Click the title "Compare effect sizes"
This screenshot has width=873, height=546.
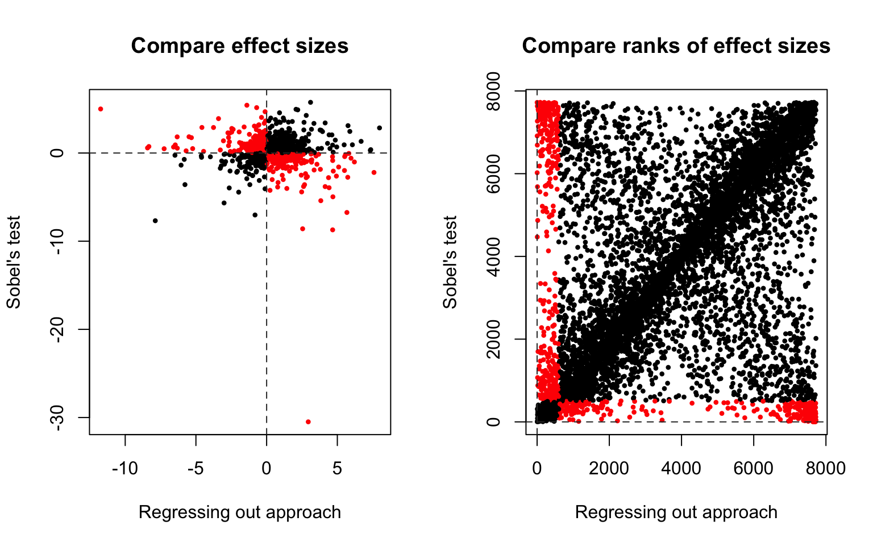click(239, 46)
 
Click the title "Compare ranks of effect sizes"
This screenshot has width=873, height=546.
click(676, 46)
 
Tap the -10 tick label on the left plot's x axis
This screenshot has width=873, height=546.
click(124, 469)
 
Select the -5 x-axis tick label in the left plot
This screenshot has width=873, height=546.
click(196, 469)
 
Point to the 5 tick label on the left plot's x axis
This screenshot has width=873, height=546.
click(337, 469)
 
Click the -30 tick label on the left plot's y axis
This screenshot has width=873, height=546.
click(62, 417)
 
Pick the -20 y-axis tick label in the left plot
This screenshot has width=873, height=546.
click(62, 329)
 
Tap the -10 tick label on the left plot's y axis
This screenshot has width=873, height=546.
click(62, 241)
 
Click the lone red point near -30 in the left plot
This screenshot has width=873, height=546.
click(308, 421)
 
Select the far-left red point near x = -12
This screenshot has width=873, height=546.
click(101, 109)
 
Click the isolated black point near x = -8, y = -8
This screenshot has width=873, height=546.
click(155, 220)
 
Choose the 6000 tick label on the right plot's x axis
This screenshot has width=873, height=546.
click(754, 469)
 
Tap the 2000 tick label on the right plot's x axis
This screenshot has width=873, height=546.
click(609, 469)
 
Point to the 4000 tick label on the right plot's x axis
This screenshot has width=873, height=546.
click(681, 469)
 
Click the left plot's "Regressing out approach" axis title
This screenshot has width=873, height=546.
click(239, 512)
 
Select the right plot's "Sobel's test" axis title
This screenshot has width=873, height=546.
click(450, 262)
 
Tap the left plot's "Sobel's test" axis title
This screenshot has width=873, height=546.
click(14, 262)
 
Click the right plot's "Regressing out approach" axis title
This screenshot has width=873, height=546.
click(676, 512)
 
